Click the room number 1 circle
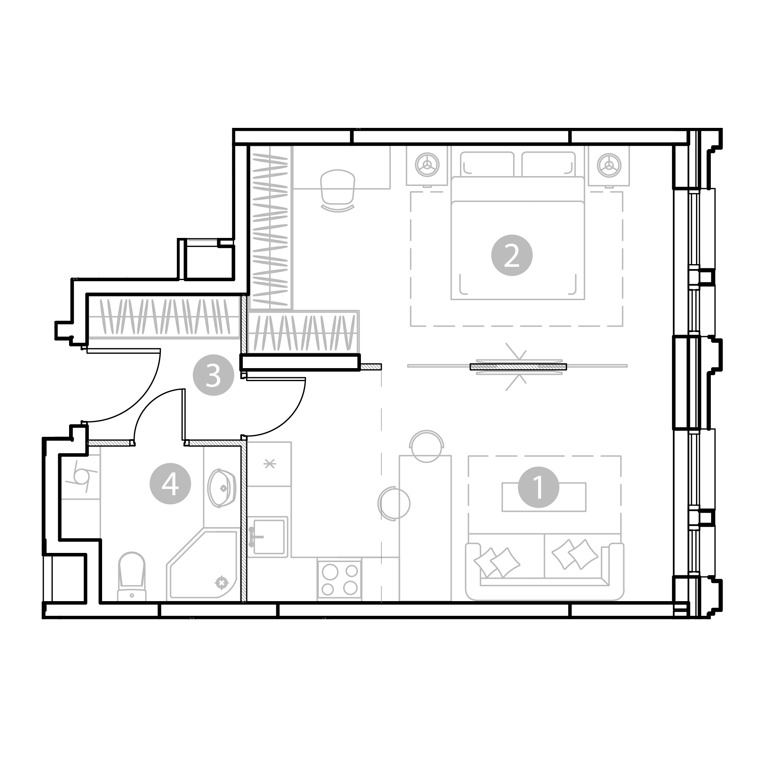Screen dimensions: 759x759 [x=539, y=487]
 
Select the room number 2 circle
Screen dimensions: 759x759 [x=512, y=255]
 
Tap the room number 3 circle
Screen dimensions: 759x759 [x=213, y=375]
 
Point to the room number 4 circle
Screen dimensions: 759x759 [x=170, y=484]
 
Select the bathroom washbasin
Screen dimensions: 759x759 [x=221, y=488]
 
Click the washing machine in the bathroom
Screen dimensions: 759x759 [x=80, y=478]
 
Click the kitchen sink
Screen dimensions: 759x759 [x=268, y=537]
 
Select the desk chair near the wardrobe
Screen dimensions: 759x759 [x=337, y=191]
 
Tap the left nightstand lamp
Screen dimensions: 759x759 [x=427, y=165]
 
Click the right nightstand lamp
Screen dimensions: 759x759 [x=609, y=165]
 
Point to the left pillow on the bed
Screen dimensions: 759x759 [x=487, y=164]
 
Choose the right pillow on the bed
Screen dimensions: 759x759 [x=548, y=164]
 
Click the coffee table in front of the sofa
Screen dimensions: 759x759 [x=544, y=497]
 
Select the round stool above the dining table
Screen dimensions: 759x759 [x=426, y=446]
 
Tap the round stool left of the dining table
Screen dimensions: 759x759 [x=394, y=504]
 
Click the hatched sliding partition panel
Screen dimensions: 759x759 [x=518, y=367]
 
